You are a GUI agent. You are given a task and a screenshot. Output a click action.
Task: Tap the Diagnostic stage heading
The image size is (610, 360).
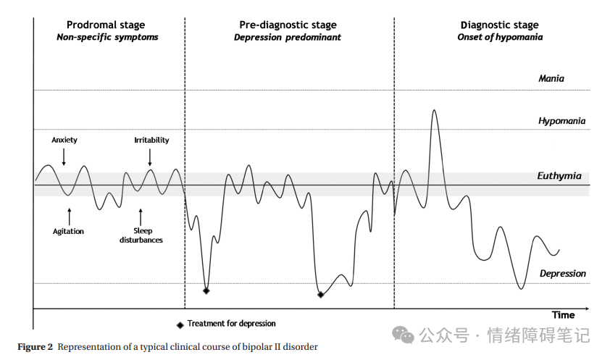500,25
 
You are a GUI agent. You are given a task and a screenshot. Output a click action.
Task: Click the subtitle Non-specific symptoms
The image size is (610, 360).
107,37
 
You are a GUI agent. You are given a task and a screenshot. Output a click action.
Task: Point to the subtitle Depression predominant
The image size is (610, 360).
287,37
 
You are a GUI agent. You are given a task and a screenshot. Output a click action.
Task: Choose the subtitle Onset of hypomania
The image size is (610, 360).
500,37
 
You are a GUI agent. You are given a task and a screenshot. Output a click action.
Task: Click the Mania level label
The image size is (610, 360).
551,78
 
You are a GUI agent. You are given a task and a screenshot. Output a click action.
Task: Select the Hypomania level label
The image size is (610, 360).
561,121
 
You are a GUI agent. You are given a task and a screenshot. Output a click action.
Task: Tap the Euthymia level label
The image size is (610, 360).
559,176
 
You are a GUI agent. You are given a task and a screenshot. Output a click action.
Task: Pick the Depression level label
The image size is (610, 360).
562,273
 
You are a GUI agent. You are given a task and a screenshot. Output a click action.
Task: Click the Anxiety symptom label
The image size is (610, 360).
64,140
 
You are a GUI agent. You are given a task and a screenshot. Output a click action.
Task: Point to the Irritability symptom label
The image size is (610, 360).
151,140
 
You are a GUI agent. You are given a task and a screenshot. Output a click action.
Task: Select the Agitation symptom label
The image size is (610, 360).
68,231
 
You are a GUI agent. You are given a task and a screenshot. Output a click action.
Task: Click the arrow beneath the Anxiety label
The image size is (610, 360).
64,156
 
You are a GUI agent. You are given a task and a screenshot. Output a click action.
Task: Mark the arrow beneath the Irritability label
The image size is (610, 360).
150,156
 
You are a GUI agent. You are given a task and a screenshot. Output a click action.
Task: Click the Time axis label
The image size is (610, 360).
563,315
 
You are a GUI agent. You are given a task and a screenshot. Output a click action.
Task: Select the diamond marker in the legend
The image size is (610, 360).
180,325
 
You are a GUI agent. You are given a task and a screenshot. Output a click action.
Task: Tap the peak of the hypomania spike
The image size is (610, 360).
434,111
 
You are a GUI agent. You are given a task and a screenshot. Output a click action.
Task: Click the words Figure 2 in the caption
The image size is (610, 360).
35,347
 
